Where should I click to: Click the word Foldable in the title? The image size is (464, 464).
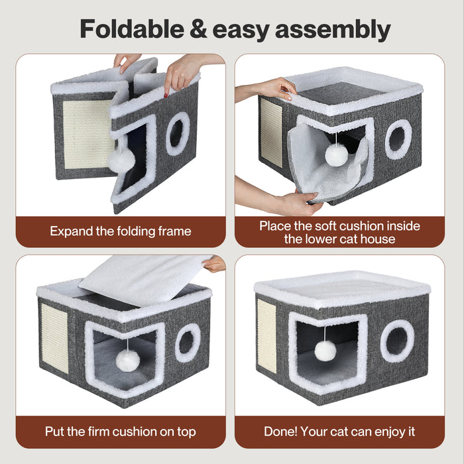[132, 29]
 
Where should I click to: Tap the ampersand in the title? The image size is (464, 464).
[198, 29]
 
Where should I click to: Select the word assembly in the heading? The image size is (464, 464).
[333, 30]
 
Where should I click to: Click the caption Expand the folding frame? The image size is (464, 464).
[121, 231]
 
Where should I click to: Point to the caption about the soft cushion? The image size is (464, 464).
[339, 232]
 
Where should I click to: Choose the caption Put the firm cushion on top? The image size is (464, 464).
[121, 432]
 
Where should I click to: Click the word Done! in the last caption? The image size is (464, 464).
[280, 432]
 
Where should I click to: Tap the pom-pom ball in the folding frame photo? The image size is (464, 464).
[121, 160]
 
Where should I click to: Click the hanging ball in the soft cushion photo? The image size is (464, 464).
[337, 154]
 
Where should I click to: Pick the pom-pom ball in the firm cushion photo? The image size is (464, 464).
[127, 360]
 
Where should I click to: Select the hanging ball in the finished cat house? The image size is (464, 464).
[325, 351]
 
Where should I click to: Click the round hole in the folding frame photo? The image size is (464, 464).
[178, 134]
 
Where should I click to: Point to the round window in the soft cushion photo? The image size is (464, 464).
[398, 139]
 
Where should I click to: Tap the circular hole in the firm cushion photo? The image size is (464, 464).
[188, 343]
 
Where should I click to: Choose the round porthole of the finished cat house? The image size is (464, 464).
[397, 341]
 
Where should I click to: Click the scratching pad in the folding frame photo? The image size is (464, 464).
[87, 135]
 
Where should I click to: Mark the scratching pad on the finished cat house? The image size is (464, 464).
[266, 336]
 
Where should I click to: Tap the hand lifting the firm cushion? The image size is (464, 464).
[215, 264]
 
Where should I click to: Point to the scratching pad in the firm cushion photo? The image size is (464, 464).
[55, 338]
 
